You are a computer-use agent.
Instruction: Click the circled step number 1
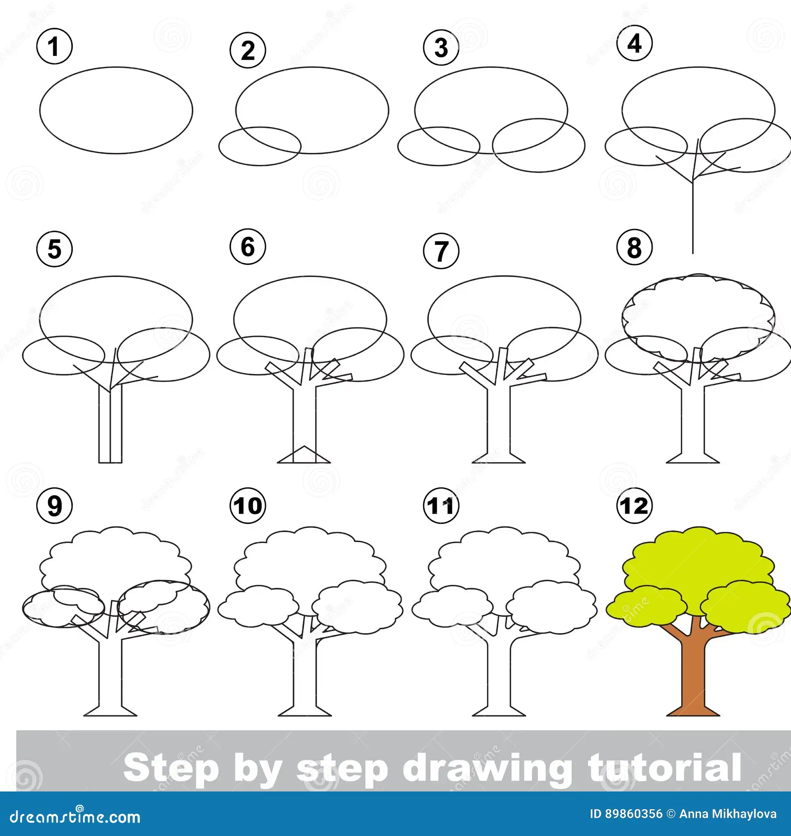point(54,46)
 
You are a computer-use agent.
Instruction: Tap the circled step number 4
point(635,43)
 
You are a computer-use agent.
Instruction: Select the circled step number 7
point(441,251)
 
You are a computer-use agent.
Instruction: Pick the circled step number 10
point(248,506)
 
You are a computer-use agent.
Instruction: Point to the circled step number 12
point(635,506)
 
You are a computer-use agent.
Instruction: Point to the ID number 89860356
point(634,814)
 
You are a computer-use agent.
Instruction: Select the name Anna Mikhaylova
point(728,814)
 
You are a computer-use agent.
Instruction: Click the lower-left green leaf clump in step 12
point(647,606)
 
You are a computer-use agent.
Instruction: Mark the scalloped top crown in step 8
point(698,277)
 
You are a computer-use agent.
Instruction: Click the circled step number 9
point(54,506)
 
